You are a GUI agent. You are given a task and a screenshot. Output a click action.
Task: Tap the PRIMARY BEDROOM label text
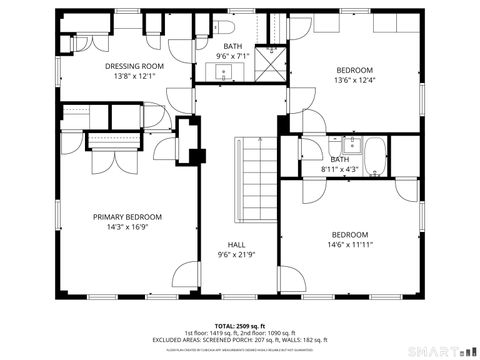coord(127,217)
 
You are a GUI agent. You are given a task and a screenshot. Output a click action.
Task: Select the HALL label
coord(236,244)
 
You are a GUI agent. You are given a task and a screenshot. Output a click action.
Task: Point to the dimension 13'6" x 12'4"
coord(354,80)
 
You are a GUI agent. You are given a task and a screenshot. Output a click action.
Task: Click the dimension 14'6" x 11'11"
coord(350,244)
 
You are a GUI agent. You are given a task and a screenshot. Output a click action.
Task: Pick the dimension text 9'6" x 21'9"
coord(236,254)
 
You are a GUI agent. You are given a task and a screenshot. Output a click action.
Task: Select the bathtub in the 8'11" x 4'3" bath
coord(376,158)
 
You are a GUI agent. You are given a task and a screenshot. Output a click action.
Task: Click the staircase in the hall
coord(254,180)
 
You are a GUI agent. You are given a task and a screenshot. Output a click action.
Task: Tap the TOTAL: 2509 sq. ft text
coord(236,325)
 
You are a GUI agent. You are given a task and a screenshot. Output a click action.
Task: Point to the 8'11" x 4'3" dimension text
coord(340,169)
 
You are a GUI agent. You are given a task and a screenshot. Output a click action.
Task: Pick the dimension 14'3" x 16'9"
coord(127,227)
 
